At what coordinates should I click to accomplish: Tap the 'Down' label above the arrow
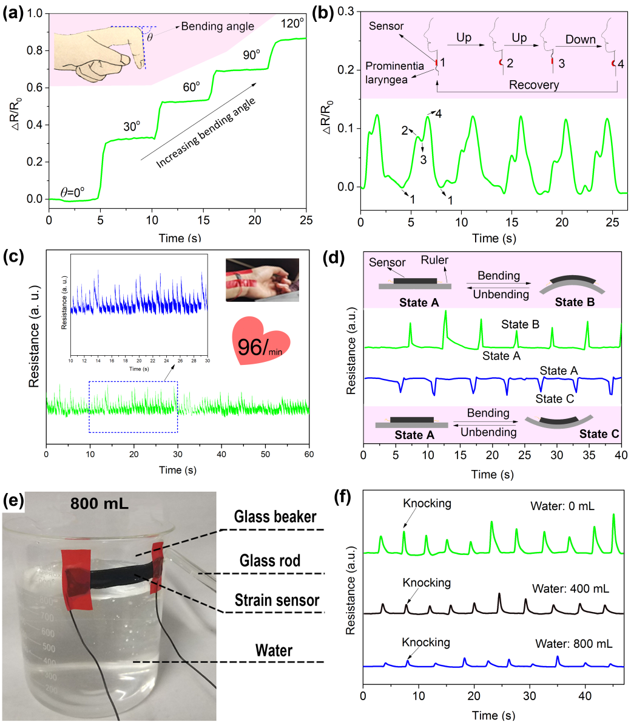tap(580, 39)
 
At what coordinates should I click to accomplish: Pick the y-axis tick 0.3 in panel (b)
tap(346, 12)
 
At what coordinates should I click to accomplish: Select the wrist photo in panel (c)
tap(262, 280)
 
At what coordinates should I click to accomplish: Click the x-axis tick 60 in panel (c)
tap(309, 454)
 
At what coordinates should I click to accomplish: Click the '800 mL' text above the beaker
tap(99, 503)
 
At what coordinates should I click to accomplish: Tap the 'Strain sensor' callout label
tap(277, 601)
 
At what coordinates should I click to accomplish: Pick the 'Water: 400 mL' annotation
tap(570, 588)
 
